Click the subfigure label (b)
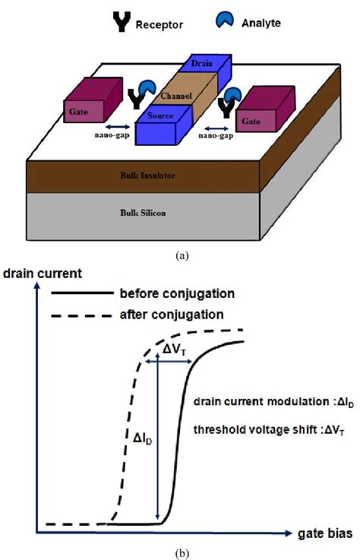coord(181,550)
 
